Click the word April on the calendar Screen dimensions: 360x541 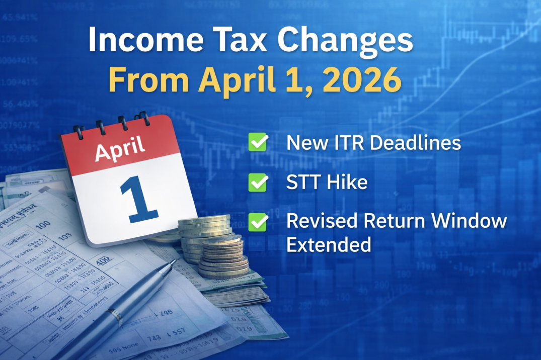(x=120, y=149)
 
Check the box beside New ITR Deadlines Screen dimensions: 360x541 (x=258, y=143)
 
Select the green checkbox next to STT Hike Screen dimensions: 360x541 (x=258, y=183)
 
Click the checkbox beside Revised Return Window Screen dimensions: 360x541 (x=258, y=222)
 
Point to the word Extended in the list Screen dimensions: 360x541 (x=329, y=245)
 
